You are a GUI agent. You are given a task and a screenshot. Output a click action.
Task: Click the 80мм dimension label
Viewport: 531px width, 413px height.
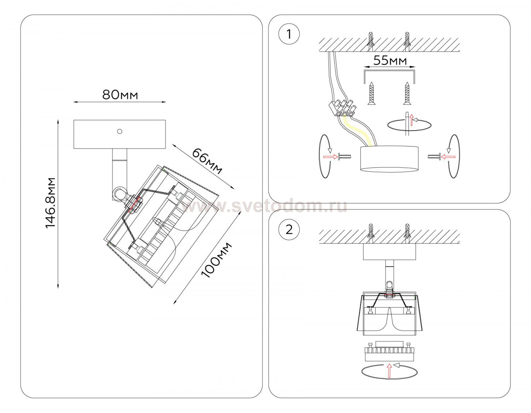(x=120, y=95)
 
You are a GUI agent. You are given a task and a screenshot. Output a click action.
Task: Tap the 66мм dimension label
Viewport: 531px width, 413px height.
(x=207, y=161)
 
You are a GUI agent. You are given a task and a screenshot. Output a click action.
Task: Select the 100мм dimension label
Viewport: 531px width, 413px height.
(x=216, y=260)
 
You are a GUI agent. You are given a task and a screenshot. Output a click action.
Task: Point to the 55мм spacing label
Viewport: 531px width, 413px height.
(x=390, y=61)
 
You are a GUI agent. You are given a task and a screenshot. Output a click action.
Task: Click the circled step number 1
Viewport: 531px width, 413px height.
(x=289, y=35)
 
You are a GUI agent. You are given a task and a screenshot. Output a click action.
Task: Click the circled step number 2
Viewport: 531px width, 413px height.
(x=289, y=229)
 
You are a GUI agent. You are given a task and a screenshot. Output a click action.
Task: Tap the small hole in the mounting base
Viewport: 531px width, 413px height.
(x=120, y=132)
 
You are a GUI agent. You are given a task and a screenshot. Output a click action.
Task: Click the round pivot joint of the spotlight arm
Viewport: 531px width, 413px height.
(x=119, y=194)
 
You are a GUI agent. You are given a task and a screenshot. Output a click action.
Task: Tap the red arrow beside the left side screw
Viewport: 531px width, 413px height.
(x=330, y=156)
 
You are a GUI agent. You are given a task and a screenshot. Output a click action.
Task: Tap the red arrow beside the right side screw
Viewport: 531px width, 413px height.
(x=448, y=156)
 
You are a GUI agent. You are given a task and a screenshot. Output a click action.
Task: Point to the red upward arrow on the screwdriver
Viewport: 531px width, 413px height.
(x=411, y=120)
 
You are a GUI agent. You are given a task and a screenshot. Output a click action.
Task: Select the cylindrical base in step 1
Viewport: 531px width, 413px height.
(x=389, y=159)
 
